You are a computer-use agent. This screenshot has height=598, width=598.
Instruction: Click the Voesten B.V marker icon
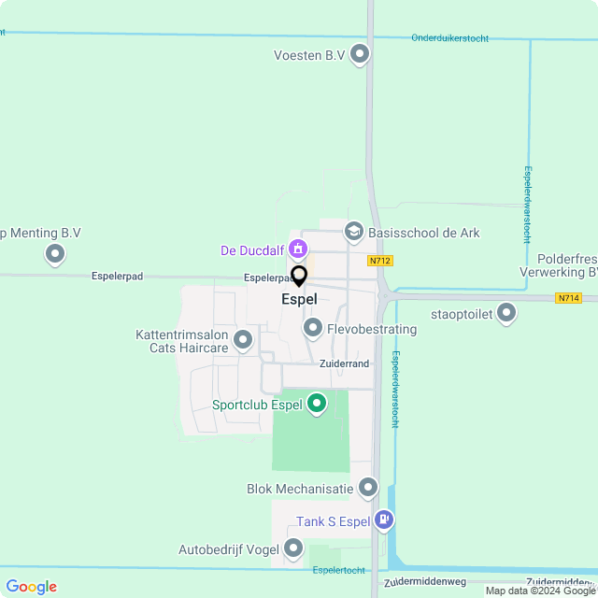click(360, 55)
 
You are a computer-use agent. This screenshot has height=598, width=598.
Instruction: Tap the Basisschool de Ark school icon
click(353, 231)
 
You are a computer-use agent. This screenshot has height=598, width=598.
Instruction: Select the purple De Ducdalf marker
click(297, 249)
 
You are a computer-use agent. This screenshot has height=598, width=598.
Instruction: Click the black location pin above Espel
click(299, 277)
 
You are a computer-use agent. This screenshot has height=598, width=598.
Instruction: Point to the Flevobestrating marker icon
click(312, 328)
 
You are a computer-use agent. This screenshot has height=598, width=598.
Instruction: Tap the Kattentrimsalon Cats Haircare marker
click(243, 340)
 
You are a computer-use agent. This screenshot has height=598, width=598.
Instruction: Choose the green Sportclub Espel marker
click(317, 404)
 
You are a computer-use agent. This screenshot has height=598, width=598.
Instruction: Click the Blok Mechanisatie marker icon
click(368, 487)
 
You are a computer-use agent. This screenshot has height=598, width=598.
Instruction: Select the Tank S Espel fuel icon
click(382, 520)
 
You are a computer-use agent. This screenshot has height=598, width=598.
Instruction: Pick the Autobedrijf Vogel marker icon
click(293, 548)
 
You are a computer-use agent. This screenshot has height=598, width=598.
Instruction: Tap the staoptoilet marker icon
click(506, 313)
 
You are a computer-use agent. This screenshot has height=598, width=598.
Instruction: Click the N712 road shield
click(378, 262)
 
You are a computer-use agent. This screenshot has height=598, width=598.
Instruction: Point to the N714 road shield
click(567, 298)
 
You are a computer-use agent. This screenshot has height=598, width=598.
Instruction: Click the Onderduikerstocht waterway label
click(449, 38)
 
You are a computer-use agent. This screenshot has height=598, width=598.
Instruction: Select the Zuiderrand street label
click(345, 363)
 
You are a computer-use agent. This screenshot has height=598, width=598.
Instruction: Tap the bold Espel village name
click(299, 300)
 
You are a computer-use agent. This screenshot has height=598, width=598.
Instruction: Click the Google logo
click(32, 587)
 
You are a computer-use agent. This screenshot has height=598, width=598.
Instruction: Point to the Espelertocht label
click(338, 569)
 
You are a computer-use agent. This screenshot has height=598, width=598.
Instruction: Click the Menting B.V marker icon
click(55, 253)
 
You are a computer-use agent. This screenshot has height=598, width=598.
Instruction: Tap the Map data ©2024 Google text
click(540, 591)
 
